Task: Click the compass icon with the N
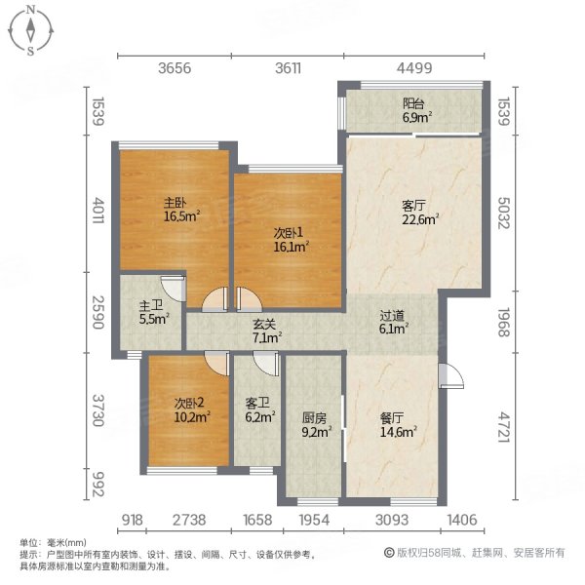pyautogui.click(x=31, y=30)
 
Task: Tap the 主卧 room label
pyautogui.click(x=175, y=204)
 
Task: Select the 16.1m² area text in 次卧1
pyautogui.click(x=291, y=248)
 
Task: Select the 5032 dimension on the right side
pyautogui.click(x=503, y=214)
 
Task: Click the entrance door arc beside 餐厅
pyautogui.click(x=450, y=374)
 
